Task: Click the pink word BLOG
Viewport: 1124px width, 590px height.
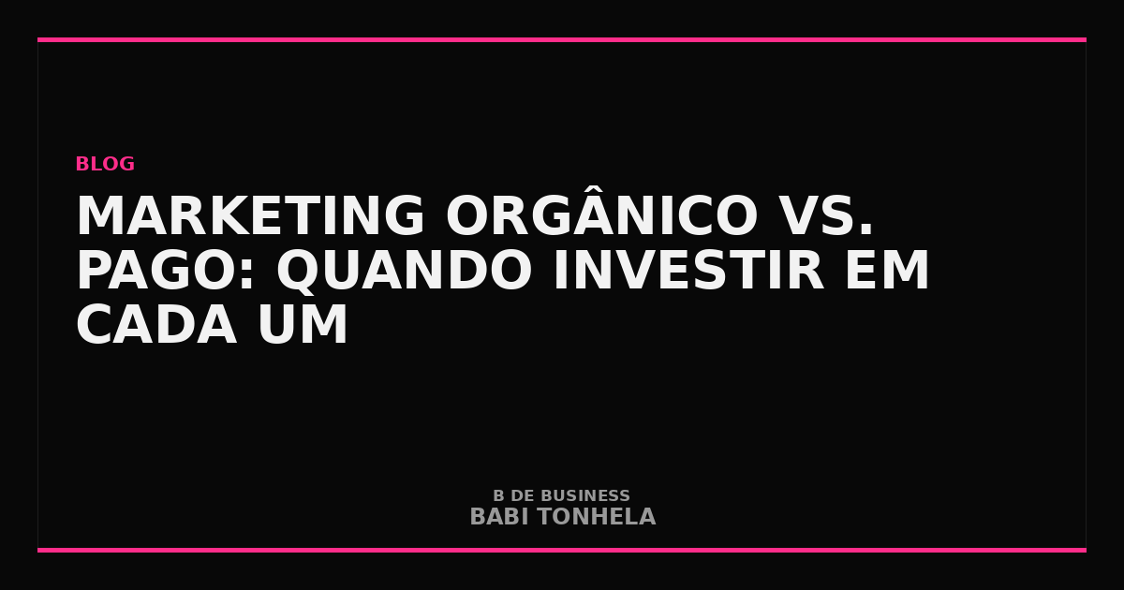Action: click(105, 164)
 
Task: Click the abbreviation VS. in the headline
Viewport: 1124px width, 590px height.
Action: click(827, 215)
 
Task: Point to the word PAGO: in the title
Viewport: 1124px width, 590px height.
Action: click(165, 270)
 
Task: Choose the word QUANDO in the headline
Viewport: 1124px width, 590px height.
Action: click(404, 272)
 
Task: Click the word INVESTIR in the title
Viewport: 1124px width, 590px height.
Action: click(688, 270)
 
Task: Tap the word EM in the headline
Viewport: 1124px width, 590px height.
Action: click(887, 270)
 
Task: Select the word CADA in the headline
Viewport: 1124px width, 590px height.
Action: click(156, 324)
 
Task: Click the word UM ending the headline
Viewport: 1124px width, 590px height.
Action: click(303, 325)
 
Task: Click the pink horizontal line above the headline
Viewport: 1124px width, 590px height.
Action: click(562, 39)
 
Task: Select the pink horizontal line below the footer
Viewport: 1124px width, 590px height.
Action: click(562, 550)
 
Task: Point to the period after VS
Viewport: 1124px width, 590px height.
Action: click(866, 229)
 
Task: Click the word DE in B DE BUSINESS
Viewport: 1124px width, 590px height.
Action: click(523, 495)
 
